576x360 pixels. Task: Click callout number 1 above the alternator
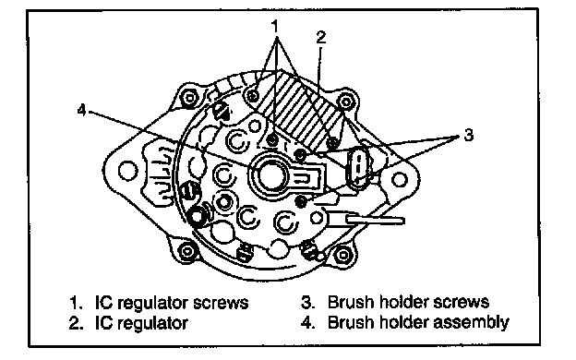275,26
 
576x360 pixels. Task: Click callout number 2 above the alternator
320,37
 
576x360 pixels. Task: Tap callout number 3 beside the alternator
468,135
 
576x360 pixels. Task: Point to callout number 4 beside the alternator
81,110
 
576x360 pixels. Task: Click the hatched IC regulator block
300,110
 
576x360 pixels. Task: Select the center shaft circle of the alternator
271,175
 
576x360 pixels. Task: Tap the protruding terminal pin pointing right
375,221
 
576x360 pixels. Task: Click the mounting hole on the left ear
128,171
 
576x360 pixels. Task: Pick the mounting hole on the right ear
399,180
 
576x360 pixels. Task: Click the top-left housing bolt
189,97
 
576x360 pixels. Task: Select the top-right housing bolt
345,101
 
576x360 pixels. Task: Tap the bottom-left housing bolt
187,251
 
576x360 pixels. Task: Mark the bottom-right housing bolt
342,255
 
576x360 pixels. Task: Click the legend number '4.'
307,322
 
